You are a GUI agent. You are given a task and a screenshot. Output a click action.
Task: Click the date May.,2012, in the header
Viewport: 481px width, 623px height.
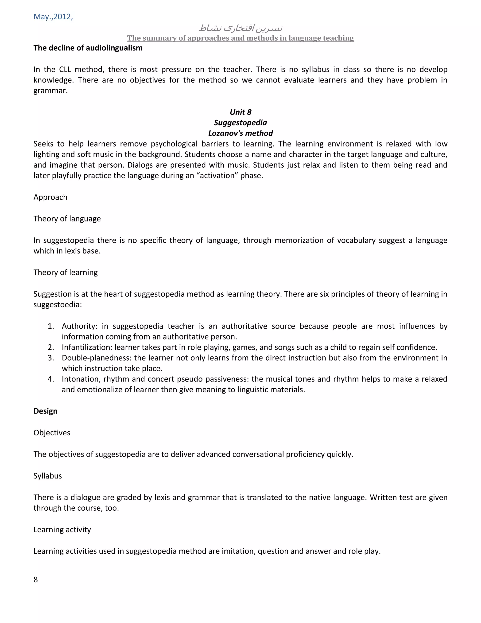point(53,16)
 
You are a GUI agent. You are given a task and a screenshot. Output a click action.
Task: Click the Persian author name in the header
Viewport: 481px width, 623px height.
point(240,28)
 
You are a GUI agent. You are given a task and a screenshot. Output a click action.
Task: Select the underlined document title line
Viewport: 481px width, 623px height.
point(240,38)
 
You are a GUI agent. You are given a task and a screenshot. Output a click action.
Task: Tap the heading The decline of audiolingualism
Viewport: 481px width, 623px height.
point(88,48)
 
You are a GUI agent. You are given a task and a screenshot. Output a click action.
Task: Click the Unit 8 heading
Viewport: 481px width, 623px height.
point(240,112)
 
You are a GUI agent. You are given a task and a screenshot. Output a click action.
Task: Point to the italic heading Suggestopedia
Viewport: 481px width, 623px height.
point(240,123)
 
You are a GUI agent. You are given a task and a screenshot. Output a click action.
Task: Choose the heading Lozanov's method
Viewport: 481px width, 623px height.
point(240,133)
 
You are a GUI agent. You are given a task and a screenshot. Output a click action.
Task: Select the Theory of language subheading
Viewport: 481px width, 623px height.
point(67,218)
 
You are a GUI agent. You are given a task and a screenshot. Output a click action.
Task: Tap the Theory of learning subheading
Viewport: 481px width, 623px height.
point(66,272)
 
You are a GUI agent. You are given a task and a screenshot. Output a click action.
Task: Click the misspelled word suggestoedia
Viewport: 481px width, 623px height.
point(58,305)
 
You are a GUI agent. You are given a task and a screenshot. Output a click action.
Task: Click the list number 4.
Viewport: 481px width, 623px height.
point(51,379)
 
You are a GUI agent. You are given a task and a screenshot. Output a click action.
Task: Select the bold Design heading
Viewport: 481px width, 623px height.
point(46,411)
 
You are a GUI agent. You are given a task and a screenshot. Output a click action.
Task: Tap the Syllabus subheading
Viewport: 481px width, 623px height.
point(48,476)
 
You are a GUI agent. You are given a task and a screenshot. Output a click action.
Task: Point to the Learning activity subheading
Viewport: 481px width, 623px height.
point(62,529)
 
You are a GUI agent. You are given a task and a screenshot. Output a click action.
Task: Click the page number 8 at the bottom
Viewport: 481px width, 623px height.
point(36,579)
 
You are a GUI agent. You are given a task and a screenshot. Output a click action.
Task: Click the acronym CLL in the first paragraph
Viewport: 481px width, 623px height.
point(65,69)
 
